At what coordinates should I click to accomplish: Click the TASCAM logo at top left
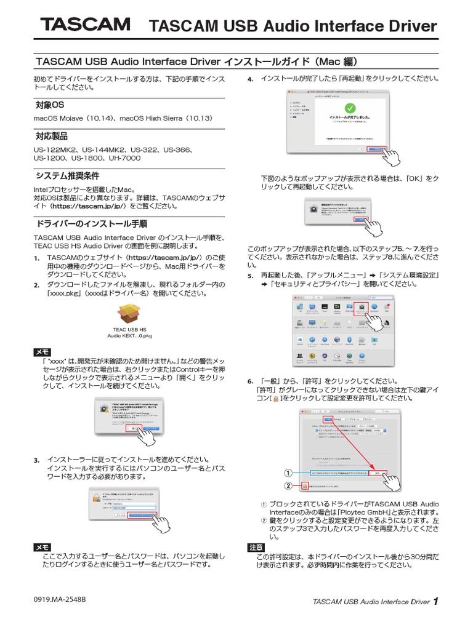(x=86, y=25)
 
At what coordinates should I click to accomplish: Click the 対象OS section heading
(x=49, y=106)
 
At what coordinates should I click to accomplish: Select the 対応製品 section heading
(x=51, y=136)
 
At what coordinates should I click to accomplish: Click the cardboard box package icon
(x=130, y=314)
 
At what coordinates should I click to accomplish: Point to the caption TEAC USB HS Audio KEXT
(x=130, y=333)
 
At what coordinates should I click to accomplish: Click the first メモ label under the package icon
(x=42, y=351)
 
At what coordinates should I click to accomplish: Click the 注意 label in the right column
(x=256, y=547)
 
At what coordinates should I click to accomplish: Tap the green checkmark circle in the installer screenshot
(x=350, y=108)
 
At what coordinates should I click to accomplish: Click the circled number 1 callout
(x=287, y=473)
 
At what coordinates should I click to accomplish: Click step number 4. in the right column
(x=251, y=79)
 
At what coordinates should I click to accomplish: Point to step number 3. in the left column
(x=36, y=460)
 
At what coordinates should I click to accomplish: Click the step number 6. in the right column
(x=251, y=382)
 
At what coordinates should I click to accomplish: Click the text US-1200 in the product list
(x=47, y=158)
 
